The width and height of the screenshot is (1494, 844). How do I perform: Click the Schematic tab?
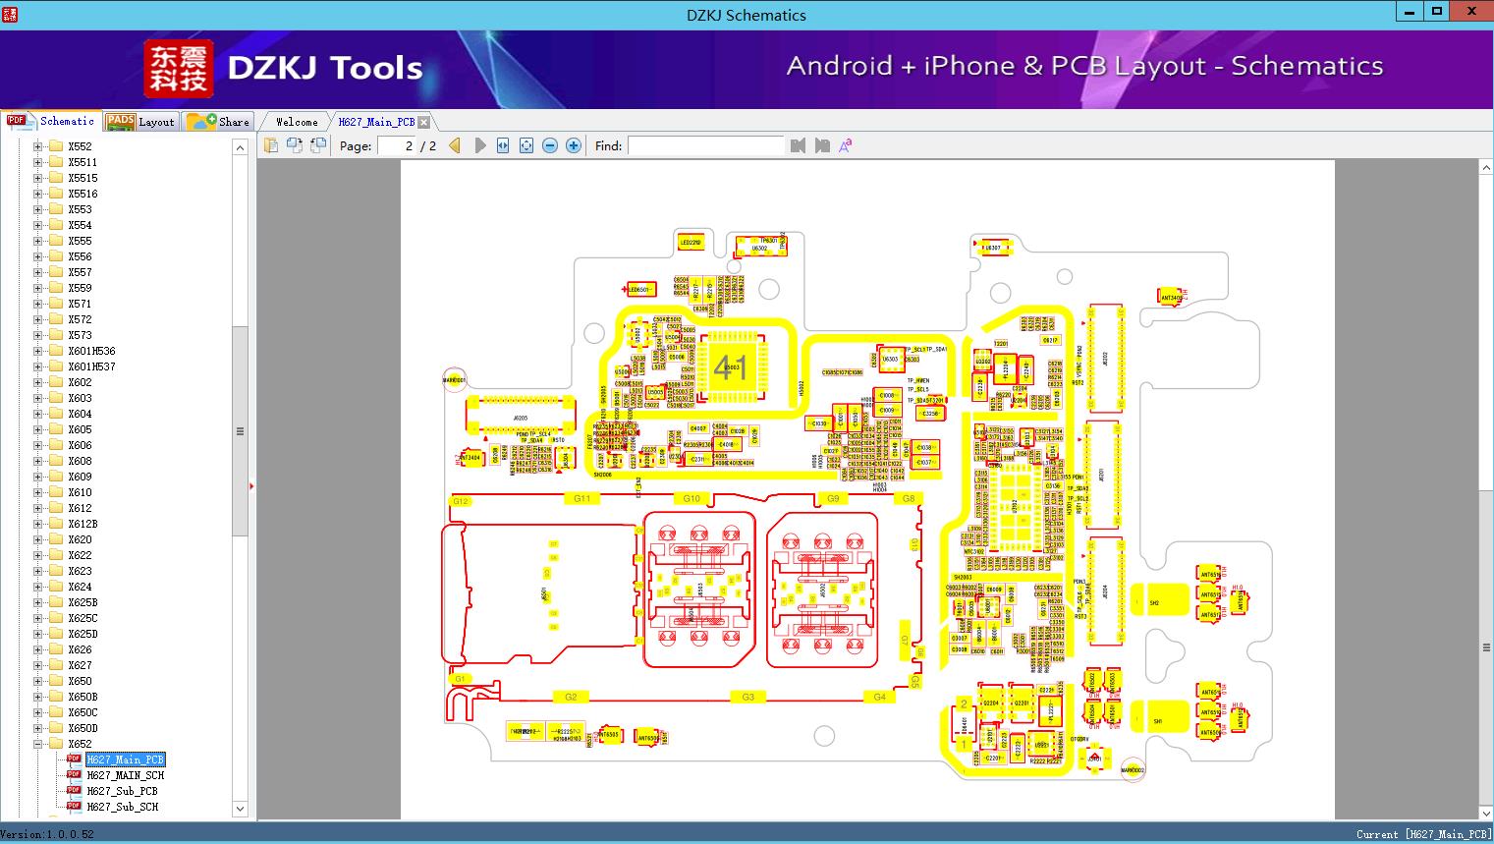click(x=54, y=122)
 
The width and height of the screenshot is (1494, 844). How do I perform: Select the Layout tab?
click(x=142, y=122)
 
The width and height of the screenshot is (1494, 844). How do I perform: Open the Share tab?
click(x=220, y=122)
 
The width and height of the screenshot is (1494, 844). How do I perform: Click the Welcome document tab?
click(x=297, y=122)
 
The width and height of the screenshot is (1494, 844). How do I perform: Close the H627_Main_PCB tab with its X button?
click(x=423, y=122)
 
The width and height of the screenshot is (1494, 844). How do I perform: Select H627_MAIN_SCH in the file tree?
click(x=125, y=775)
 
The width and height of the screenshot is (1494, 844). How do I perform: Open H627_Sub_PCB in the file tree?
click(x=122, y=791)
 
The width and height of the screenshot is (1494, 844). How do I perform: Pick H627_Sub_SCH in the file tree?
click(x=122, y=807)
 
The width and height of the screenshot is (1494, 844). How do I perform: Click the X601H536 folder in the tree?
click(x=91, y=351)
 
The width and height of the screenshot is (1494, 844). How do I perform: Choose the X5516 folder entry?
click(x=83, y=194)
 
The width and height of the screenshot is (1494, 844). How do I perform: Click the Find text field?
click(x=705, y=145)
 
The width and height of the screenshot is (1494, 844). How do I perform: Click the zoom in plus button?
click(x=574, y=145)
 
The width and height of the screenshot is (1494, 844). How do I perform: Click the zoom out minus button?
click(x=550, y=145)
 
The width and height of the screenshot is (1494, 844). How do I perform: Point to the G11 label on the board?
click(x=581, y=499)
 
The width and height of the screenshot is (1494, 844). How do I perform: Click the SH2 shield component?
click(x=1154, y=602)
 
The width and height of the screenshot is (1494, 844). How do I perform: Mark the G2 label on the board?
click(x=571, y=697)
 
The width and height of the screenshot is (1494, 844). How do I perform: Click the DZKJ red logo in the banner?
click(x=178, y=69)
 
